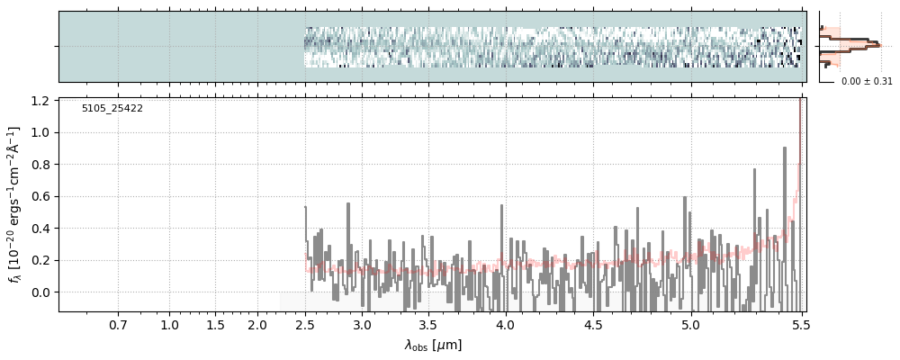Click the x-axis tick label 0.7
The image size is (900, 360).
(x=118, y=325)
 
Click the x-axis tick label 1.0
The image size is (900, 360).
(x=169, y=325)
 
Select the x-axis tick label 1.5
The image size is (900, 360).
(x=215, y=325)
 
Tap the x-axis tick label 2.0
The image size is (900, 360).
(x=257, y=325)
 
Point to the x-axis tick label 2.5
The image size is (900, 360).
(x=305, y=325)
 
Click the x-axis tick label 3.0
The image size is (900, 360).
(x=362, y=325)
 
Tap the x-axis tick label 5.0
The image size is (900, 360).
(x=690, y=325)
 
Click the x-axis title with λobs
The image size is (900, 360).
(x=433, y=345)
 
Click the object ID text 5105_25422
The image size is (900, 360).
(x=112, y=109)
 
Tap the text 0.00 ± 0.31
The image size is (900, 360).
(x=867, y=82)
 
